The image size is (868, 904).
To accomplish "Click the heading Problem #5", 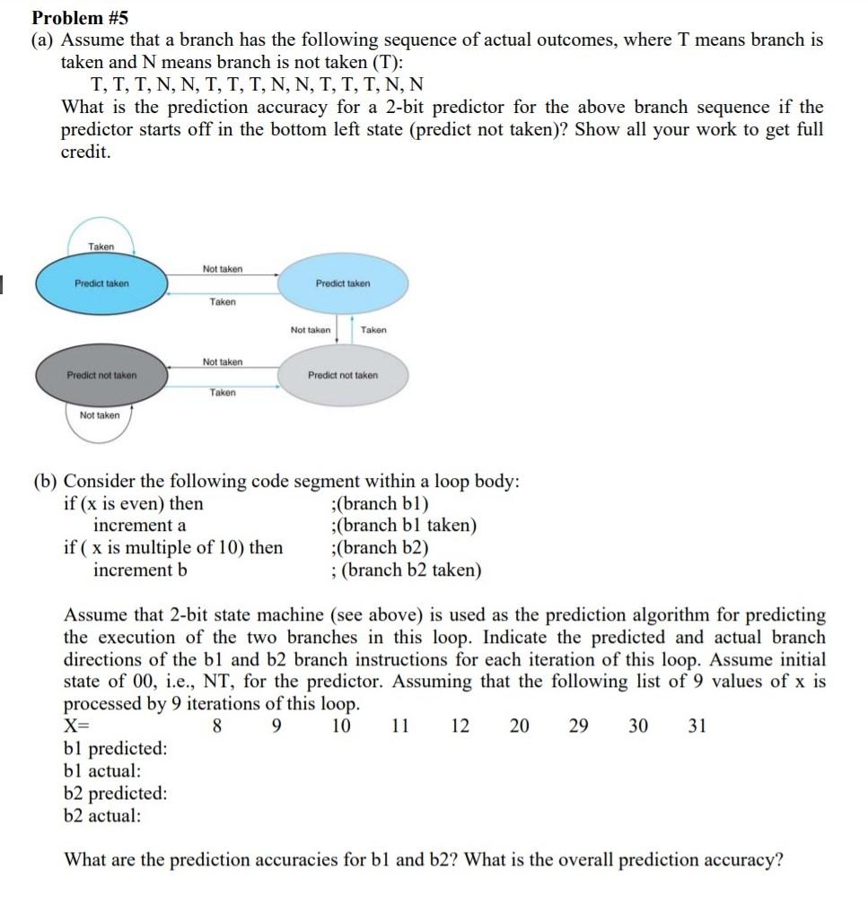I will pyautogui.click(x=81, y=17).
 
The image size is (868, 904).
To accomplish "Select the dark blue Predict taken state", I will pyautogui.click(x=101, y=283).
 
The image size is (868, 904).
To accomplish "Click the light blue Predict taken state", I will pyautogui.click(x=343, y=283).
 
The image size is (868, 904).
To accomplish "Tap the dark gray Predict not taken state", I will pyautogui.click(x=101, y=375).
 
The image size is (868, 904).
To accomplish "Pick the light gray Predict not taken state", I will pyautogui.click(x=343, y=375).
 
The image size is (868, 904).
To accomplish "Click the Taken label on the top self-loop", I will pyautogui.click(x=101, y=247).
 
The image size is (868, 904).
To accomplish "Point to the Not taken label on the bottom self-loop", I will pyautogui.click(x=99, y=415).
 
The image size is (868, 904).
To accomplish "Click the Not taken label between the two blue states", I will pyautogui.click(x=222, y=268).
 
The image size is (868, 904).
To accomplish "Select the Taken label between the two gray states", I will pyautogui.click(x=223, y=392).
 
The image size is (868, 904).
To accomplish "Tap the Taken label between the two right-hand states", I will pyautogui.click(x=373, y=330).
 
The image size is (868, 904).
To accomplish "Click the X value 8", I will pyautogui.click(x=216, y=726).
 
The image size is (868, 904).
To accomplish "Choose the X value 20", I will pyautogui.click(x=519, y=726).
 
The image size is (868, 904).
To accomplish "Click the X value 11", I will pyautogui.click(x=401, y=726).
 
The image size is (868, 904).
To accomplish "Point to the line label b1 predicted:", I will pyautogui.click(x=115, y=749).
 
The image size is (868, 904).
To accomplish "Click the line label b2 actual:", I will pyautogui.click(x=102, y=816).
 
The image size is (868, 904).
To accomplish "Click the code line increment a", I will pyautogui.click(x=140, y=526).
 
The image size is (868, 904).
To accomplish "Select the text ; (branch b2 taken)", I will pyautogui.click(x=406, y=570).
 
